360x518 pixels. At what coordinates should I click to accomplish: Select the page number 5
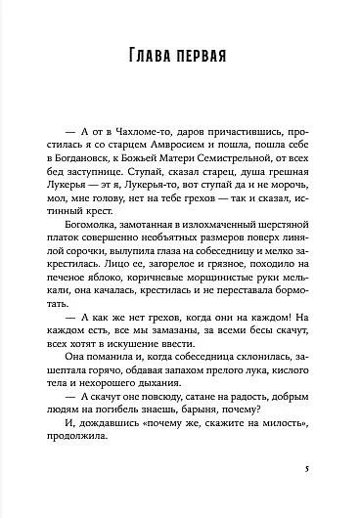click(307, 468)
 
